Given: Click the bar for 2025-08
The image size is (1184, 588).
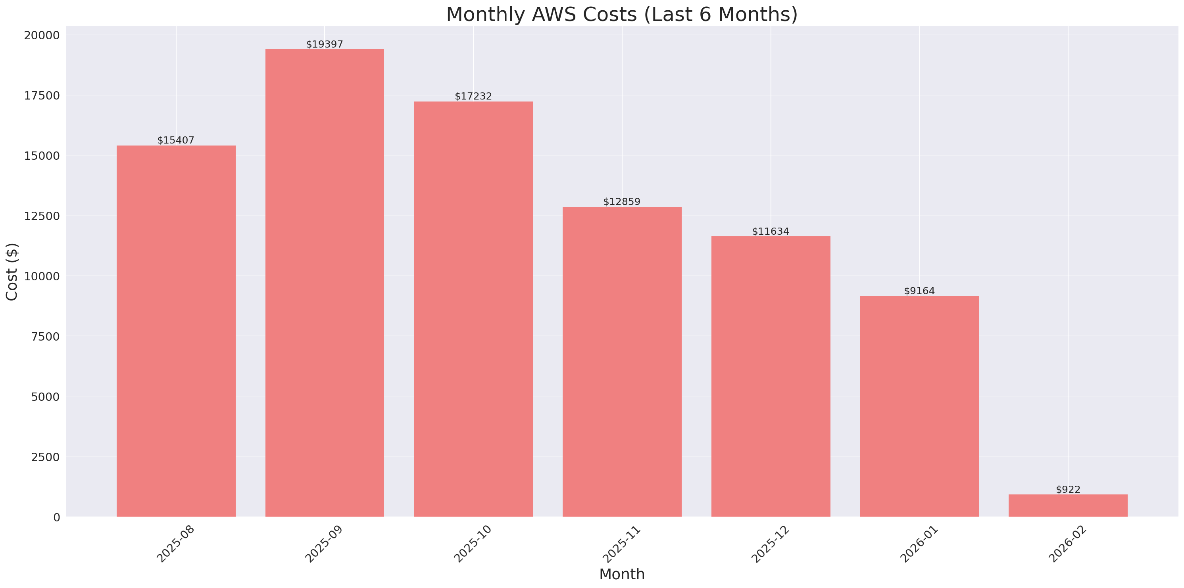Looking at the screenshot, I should point(176,331).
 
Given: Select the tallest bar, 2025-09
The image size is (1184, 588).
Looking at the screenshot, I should point(325,283).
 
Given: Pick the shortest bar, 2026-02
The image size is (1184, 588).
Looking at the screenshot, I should point(1068,505).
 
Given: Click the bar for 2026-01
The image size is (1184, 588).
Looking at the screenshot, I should point(919,406).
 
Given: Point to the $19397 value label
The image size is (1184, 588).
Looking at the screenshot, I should point(325,44).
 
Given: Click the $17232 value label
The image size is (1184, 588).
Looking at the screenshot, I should point(473,96).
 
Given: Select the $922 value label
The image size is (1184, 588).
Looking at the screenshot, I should point(1068,490).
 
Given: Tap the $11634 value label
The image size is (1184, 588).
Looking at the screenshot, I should point(770,232).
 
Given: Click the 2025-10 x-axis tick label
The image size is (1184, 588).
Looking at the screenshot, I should point(473,544).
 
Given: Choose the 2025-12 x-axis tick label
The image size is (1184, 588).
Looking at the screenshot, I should point(770,544).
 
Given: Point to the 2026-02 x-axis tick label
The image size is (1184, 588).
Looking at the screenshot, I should point(1068,544).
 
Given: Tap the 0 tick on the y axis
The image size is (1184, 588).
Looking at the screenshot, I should point(56,517).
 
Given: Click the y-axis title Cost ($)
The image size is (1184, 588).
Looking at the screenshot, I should point(12,272).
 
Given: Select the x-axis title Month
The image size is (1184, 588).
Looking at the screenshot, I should point(622,574).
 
